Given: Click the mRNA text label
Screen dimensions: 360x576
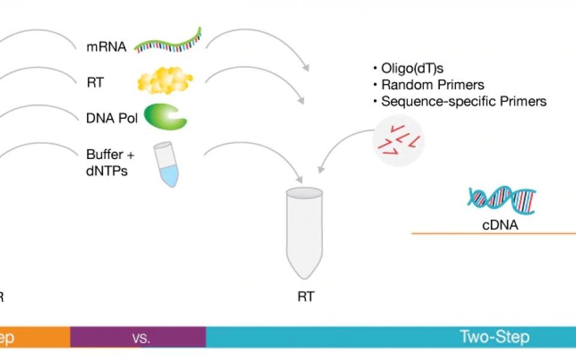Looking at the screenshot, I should tap(106, 46).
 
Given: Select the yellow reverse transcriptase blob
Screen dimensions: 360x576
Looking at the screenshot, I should tap(166, 81).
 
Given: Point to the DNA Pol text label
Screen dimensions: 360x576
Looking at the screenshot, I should tap(112, 118).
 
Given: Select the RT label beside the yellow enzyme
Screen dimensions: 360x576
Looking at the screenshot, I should tap(95, 82).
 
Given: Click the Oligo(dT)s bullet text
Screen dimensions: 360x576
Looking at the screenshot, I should tap(415, 67).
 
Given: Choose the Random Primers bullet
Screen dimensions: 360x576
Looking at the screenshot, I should tap(432, 85).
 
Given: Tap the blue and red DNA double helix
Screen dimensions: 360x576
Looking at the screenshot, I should tap(502, 200).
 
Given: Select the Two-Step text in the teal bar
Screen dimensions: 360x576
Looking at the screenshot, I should tap(494, 337).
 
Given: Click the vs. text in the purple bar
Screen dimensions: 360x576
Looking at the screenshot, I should tap(140, 338).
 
